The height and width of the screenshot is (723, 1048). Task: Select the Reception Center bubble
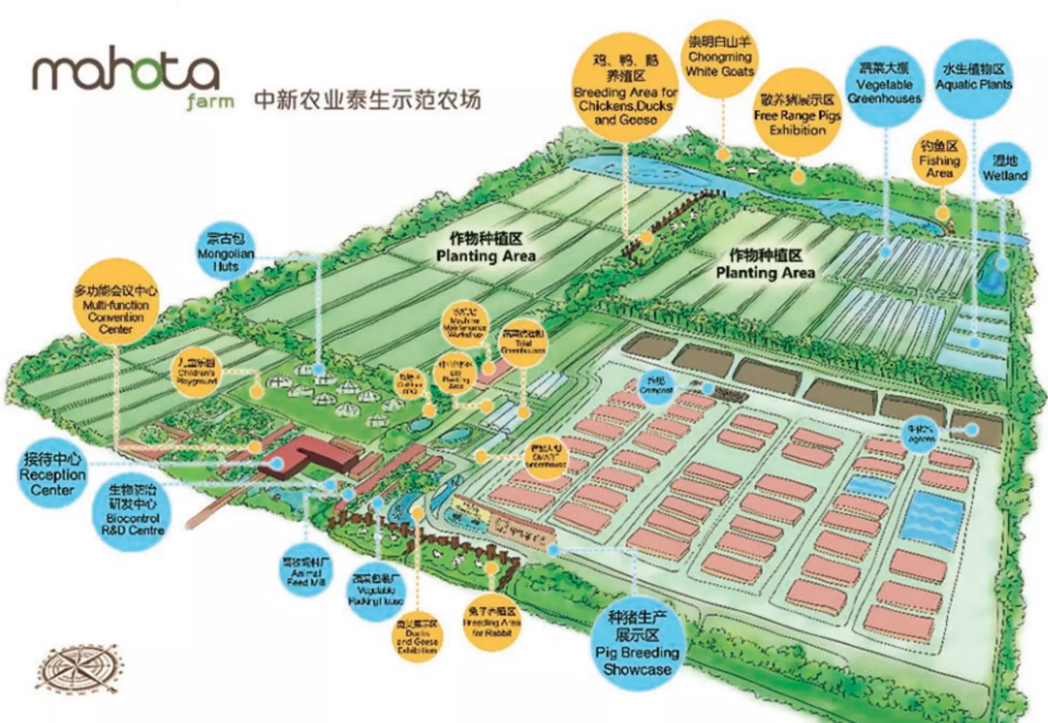pos(53,474)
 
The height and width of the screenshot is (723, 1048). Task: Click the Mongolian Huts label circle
pos(226,252)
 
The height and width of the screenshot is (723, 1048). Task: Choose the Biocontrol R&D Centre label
pos(133,510)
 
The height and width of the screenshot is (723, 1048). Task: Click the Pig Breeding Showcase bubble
pos(637,644)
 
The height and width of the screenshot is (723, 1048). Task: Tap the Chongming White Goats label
pos(719,57)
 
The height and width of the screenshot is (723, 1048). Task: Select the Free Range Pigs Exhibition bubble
pos(797,114)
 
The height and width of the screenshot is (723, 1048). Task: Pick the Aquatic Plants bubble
pos(974,78)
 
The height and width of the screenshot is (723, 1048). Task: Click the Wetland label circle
pos(1005,168)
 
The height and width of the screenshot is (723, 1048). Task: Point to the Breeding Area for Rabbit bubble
pos(491,622)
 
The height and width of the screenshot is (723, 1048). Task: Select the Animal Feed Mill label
pos(305,572)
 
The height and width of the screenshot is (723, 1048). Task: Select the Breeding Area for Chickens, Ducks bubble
pos(625,88)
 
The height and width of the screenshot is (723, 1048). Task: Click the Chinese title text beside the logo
pos(367,100)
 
